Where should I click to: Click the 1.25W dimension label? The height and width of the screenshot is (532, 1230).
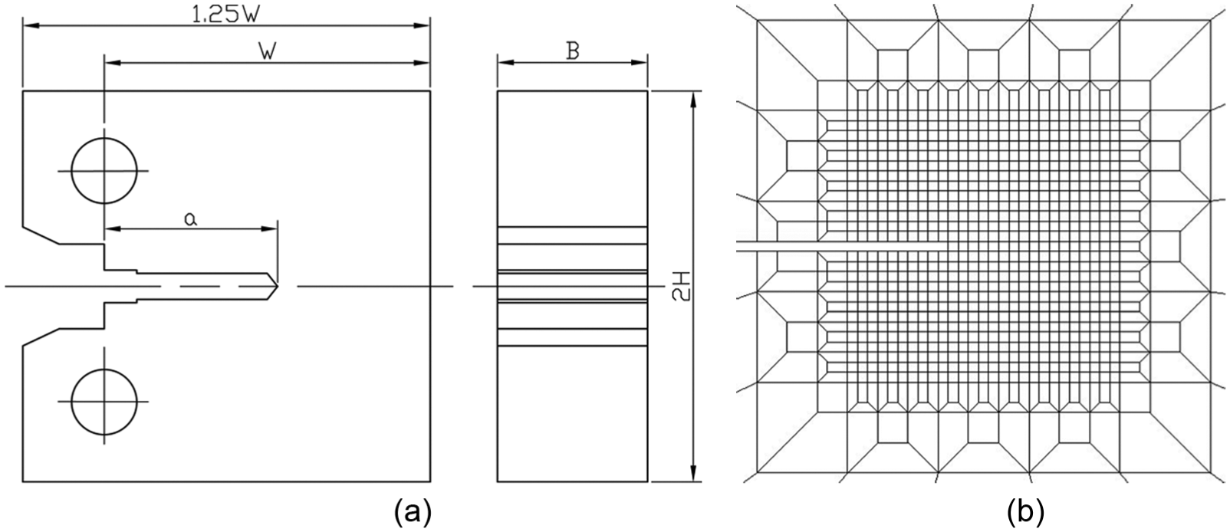pos(225,15)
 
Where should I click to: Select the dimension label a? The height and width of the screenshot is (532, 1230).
pos(190,219)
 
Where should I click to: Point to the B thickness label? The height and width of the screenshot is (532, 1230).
pos(573,51)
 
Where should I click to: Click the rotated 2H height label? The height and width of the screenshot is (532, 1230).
pos(682,287)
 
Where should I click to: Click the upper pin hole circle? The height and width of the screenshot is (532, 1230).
pos(104,171)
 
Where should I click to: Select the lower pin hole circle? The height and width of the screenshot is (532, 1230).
pos(104,402)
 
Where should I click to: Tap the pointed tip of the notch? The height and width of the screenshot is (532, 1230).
pos(278,286)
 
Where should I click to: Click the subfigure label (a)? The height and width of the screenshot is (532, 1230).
pos(413,513)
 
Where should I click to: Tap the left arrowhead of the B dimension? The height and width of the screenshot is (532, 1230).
pos(505,62)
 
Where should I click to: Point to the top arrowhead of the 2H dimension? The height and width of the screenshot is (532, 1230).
pos(694,99)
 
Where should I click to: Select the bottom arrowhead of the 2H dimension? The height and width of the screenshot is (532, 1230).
pos(694,474)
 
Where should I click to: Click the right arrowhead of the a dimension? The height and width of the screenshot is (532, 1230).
pos(269,228)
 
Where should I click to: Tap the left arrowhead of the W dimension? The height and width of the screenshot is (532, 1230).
pos(113,62)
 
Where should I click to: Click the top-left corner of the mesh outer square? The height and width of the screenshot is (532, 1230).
pos(757,20)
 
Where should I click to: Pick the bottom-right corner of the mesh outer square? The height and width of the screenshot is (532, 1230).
pos(1211,471)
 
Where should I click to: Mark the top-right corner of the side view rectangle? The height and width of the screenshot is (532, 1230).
pos(647,91)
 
